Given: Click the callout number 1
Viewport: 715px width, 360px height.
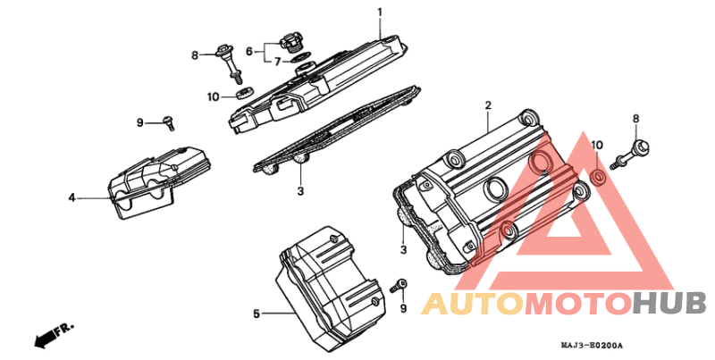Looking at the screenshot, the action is [379, 11].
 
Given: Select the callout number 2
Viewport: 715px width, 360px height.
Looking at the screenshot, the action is [488, 105].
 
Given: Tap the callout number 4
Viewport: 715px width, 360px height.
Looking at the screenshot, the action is [71, 197].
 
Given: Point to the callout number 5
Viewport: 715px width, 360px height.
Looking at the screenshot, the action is [257, 314].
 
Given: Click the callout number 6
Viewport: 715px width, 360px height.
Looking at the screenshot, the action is [249, 52].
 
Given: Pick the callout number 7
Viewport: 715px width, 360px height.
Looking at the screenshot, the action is [278, 62].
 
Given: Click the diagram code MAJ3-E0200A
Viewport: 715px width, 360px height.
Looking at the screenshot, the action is [592, 346].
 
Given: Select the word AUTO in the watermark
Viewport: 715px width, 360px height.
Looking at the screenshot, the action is [472, 304].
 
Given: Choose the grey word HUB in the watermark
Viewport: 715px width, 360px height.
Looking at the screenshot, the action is [669, 304].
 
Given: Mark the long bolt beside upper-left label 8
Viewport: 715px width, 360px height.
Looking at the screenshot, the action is [229, 63].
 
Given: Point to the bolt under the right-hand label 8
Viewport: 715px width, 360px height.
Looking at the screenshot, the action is [630, 155].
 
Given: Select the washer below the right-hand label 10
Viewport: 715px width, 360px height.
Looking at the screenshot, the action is [598, 176].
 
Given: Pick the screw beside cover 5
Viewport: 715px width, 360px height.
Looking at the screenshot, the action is [399, 286].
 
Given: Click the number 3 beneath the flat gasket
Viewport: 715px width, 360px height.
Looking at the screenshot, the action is [300, 191].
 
